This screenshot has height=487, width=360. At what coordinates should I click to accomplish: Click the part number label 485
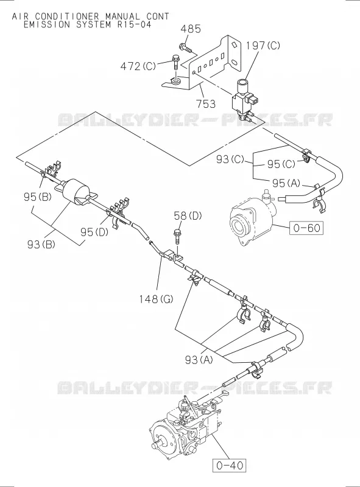click(x=191, y=29)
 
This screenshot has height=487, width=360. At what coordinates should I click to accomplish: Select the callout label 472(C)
click(x=138, y=66)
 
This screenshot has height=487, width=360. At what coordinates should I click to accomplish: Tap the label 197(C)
click(x=263, y=46)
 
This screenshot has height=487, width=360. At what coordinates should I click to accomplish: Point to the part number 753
click(x=206, y=103)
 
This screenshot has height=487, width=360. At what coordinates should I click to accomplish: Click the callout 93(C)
click(x=230, y=159)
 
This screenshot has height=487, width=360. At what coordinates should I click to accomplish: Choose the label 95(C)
click(x=281, y=164)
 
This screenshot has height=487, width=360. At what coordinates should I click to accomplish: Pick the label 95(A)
click(x=286, y=183)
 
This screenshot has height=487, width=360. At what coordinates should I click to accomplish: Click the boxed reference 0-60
click(x=306, y=228)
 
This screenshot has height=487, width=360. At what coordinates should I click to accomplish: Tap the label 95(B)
click(x=37, y=197)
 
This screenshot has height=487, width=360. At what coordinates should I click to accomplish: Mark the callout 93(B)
click(x=41, y=245)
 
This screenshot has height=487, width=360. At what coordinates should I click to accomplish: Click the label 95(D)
click(x=94, y=232)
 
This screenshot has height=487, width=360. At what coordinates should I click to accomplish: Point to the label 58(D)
click(x=188, y=216)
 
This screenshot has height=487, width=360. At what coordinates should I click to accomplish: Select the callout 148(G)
click(x=156, y=300)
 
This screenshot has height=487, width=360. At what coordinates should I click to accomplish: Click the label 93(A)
click(x=199, y=360)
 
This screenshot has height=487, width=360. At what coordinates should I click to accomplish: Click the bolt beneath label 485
click(x=186, y=48)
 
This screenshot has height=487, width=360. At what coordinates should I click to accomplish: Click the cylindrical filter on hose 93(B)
click(x=77, y=191)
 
